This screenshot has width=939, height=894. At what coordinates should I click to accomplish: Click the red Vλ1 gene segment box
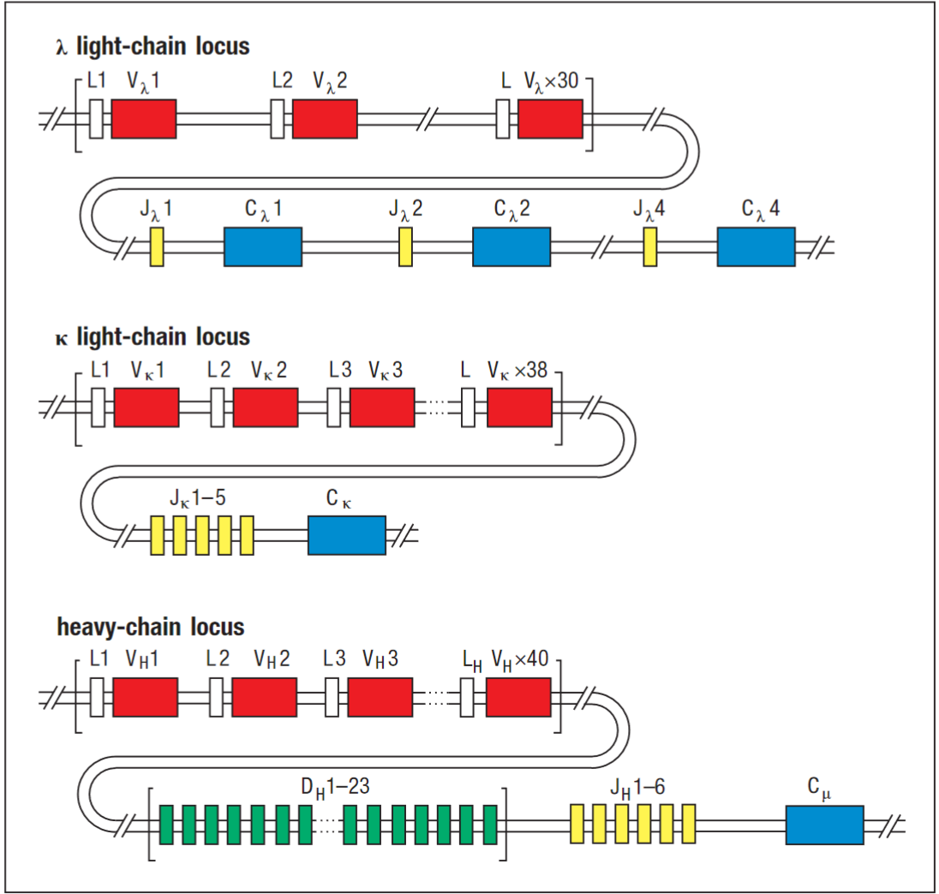click(144, 118)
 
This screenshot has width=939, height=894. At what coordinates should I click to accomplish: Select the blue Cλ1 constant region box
click(263, 247)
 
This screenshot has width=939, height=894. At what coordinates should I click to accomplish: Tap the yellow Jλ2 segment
click(405, 247)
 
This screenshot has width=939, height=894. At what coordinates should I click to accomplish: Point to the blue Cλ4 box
click(756, 247)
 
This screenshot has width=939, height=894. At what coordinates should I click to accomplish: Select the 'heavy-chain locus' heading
click(151, 627)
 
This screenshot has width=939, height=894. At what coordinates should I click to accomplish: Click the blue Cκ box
click(347, 535)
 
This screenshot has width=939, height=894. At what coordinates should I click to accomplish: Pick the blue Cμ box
click(824, 825)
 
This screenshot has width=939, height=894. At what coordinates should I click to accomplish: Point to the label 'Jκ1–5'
click(198, 496)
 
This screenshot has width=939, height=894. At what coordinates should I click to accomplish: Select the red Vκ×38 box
click(520, 407)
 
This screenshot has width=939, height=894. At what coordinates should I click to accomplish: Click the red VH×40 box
click(518, 696)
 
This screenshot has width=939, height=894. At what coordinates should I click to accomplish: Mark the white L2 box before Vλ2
click(278, 118)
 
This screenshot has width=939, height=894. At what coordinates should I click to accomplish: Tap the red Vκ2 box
click(266, 407)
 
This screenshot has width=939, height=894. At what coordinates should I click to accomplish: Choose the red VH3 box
click(380, 696)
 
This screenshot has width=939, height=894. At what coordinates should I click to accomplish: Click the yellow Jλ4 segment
click(651, 247)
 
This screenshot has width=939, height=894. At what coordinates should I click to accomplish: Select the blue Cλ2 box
click(511, 247)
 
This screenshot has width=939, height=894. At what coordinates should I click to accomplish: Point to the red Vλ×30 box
click(550, 118)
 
